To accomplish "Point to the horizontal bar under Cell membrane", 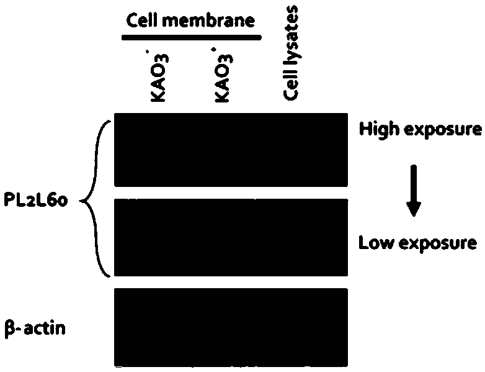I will (190, 38).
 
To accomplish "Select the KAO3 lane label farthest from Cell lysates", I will (160, 78).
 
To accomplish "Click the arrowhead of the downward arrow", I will (414, 210).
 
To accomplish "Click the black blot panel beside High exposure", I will (231, 149).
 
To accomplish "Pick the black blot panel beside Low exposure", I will (231, 238).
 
